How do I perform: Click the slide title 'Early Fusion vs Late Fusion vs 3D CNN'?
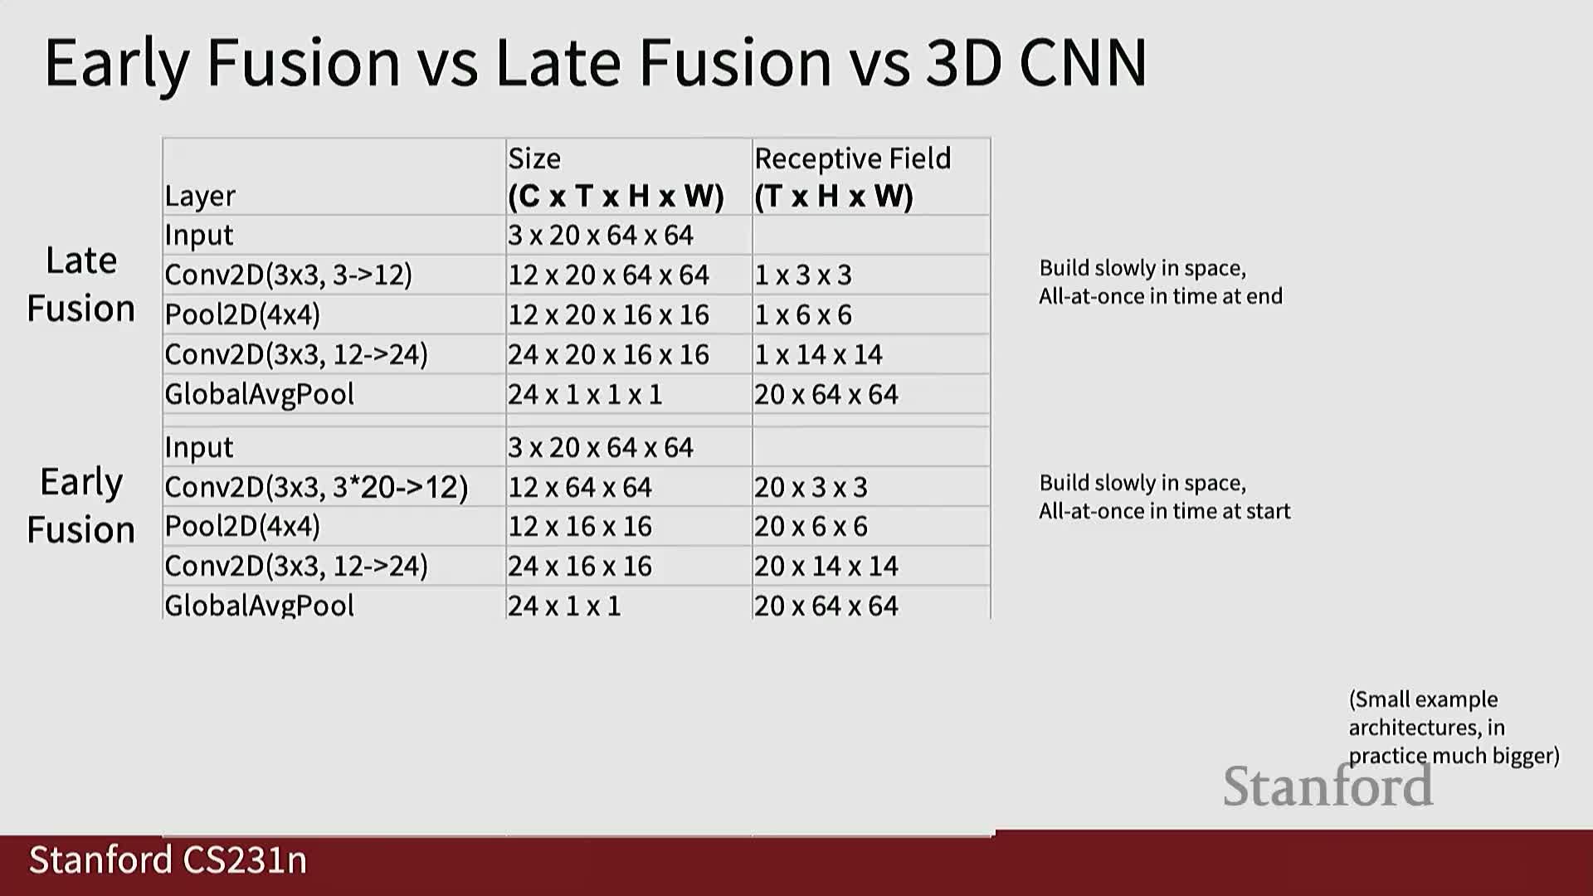click(596, 63)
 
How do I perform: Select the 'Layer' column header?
click(200, 196)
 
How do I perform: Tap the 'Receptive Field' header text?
click(852, 158)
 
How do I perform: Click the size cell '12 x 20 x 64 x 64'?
click(608, 275)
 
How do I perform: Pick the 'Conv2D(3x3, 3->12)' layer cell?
click(288, 275)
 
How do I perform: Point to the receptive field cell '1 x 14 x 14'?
click(818, 354)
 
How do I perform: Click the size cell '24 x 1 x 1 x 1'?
click(585, 394)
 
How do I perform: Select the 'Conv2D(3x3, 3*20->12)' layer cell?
click(316, 487)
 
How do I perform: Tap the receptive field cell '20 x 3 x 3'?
click(811, 487)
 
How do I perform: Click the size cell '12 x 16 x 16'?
click(580, 526)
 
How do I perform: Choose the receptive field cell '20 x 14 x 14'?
click(826, 566)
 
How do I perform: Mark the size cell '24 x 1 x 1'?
click(564, 606)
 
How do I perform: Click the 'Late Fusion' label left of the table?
click(81, 284)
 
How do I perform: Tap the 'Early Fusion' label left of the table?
click(81, 505)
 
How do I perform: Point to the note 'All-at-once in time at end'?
click(1161, 296)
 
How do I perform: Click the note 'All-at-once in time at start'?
click(1165, 511)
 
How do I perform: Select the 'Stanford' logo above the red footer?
click(1328, 786)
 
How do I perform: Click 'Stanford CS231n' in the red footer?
click(168, 860)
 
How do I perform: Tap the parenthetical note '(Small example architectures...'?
click(1454, 728)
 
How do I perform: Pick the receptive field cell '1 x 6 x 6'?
click(802, 314)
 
